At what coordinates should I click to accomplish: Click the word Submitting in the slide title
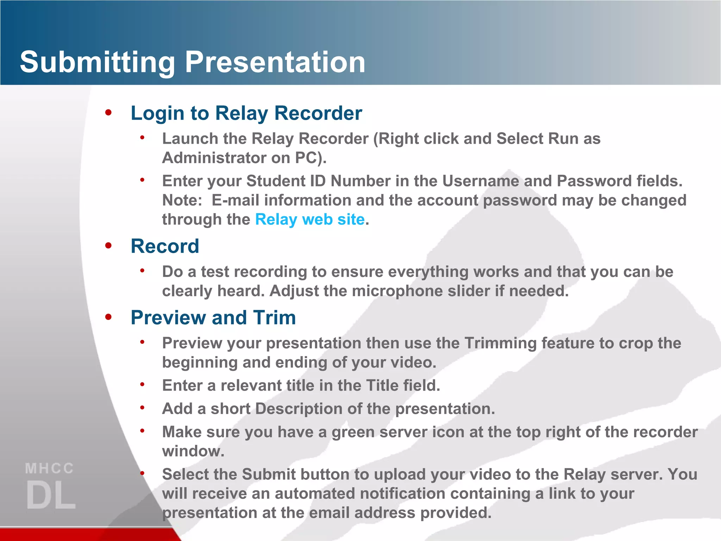click(x=97, y=62)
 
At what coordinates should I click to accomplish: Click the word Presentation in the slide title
click(x=275, y=62)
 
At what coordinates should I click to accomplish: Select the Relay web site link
click(x=309, y=219)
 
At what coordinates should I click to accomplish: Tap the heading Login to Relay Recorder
click(x=246, y=113)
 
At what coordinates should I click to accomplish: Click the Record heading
click(x=165, y=246)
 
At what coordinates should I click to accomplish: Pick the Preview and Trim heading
click(x=213, y=318)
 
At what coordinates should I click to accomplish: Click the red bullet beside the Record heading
click(x=108, y=245)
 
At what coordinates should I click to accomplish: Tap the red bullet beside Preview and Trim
click(x=108, y=317)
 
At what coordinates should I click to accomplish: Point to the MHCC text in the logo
click(x=50, y=469)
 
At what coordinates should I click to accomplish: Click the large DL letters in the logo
click(x=51, y=495)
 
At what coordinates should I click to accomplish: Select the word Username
click(x=480, y=181)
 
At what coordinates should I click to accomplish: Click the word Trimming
click(x=500, y=343)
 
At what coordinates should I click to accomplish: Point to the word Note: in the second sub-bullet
click(x=182, y=200)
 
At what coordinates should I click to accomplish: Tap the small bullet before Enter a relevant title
click(x=142, y=385)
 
